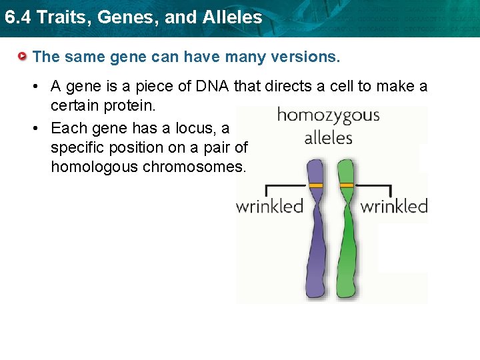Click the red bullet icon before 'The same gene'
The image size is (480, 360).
coord(23,57)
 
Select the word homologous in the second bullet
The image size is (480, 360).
coord(94,167)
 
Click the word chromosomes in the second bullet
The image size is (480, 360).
coord(194,167)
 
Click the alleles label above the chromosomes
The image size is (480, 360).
coord(328,138)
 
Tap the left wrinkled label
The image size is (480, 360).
coord(269,206)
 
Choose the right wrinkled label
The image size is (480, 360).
coord(393,206)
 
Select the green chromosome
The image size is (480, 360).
coord(347,247)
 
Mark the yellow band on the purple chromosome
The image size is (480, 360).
coord(316,185)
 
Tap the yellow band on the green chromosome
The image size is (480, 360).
coord(347,185)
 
